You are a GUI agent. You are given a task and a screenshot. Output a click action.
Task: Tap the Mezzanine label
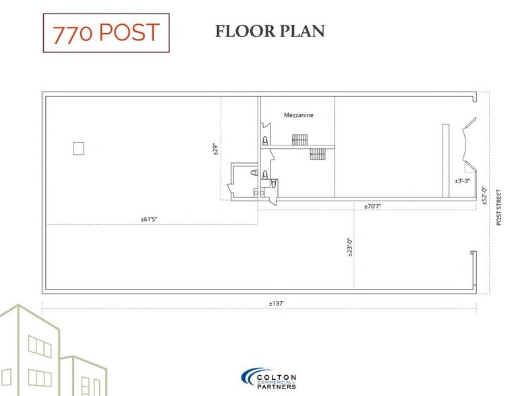pos(298,115)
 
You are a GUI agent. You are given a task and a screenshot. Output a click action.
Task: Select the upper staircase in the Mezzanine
pos(299,139)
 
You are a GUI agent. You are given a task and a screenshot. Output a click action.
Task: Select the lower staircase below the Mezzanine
pos(317,154)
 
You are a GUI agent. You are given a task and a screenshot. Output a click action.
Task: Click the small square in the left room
pos(78,148)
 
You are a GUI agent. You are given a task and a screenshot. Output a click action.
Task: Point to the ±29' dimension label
pos(215,149)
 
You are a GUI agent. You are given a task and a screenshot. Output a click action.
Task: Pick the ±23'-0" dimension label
pos(349,247)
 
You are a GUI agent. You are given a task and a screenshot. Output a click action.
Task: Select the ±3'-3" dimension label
pos(462,180)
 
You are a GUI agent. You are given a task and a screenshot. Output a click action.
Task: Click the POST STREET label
pos(499,207)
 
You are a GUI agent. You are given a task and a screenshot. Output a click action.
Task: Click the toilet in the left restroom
pos(254,174)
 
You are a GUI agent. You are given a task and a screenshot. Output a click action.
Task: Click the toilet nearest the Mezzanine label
pos(265,140)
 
